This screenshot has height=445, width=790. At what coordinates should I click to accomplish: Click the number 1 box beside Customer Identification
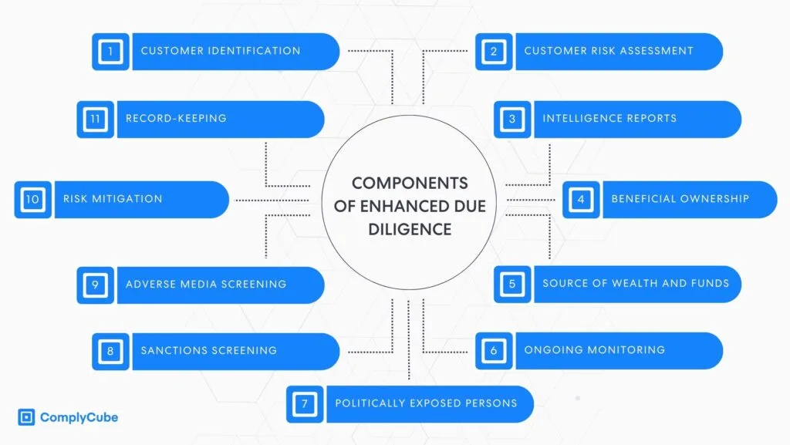click(x=110, y=52)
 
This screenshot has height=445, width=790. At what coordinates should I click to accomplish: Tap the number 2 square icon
click(x=494, y=52)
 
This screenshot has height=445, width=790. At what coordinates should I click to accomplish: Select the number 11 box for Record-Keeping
click(x=95, y=120)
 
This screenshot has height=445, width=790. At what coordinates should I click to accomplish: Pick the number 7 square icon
click(x=304, y=404)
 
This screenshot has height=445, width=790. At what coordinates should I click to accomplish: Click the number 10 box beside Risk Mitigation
click(x=32, y=199)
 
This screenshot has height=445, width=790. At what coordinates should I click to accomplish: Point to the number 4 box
click(x=581, y=199)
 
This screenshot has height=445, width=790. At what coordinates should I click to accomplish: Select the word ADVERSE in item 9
click(x=146, y=284)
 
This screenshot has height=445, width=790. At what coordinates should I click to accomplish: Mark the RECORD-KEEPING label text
click(x=176, y=118)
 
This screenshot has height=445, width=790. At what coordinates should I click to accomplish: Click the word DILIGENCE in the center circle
click(x=410, y=230)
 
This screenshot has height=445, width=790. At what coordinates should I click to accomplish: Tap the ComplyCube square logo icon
click(x=26, y=417)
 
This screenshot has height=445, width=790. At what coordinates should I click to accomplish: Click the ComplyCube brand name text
click(x=79, y=417)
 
